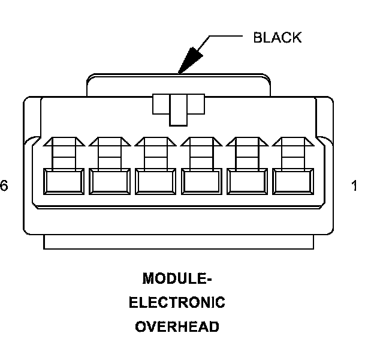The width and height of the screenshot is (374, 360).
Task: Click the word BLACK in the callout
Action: (x=277, y=38)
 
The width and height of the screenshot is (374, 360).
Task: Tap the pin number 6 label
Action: (x=4, y=187)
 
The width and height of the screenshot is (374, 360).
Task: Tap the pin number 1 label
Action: (x=354, y=187)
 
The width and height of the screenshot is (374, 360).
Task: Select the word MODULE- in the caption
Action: (x=177, y=279)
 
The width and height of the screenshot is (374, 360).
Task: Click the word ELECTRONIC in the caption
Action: (x=177, y=302)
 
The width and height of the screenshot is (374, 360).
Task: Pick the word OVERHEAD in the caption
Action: (x=177, y=326)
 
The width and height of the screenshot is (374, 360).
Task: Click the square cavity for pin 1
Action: (x=292, y=181)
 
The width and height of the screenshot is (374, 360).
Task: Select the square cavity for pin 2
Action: (x=246, y=181)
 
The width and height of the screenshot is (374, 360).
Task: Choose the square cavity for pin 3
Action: (x=201, y=181)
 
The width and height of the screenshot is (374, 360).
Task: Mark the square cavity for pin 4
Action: (x=155, y=181)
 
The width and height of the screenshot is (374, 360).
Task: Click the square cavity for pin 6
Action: (x=63, y=181)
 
